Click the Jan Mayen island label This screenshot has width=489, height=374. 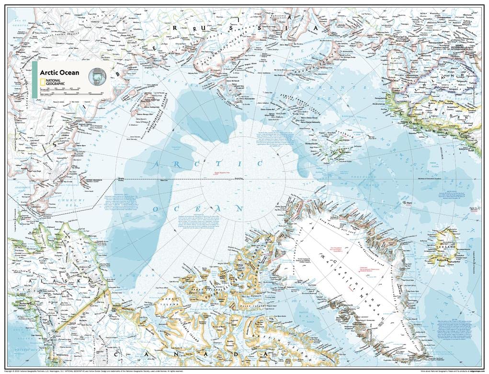(x=396, y=203)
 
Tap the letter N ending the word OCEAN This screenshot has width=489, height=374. (x=239, y=209)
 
